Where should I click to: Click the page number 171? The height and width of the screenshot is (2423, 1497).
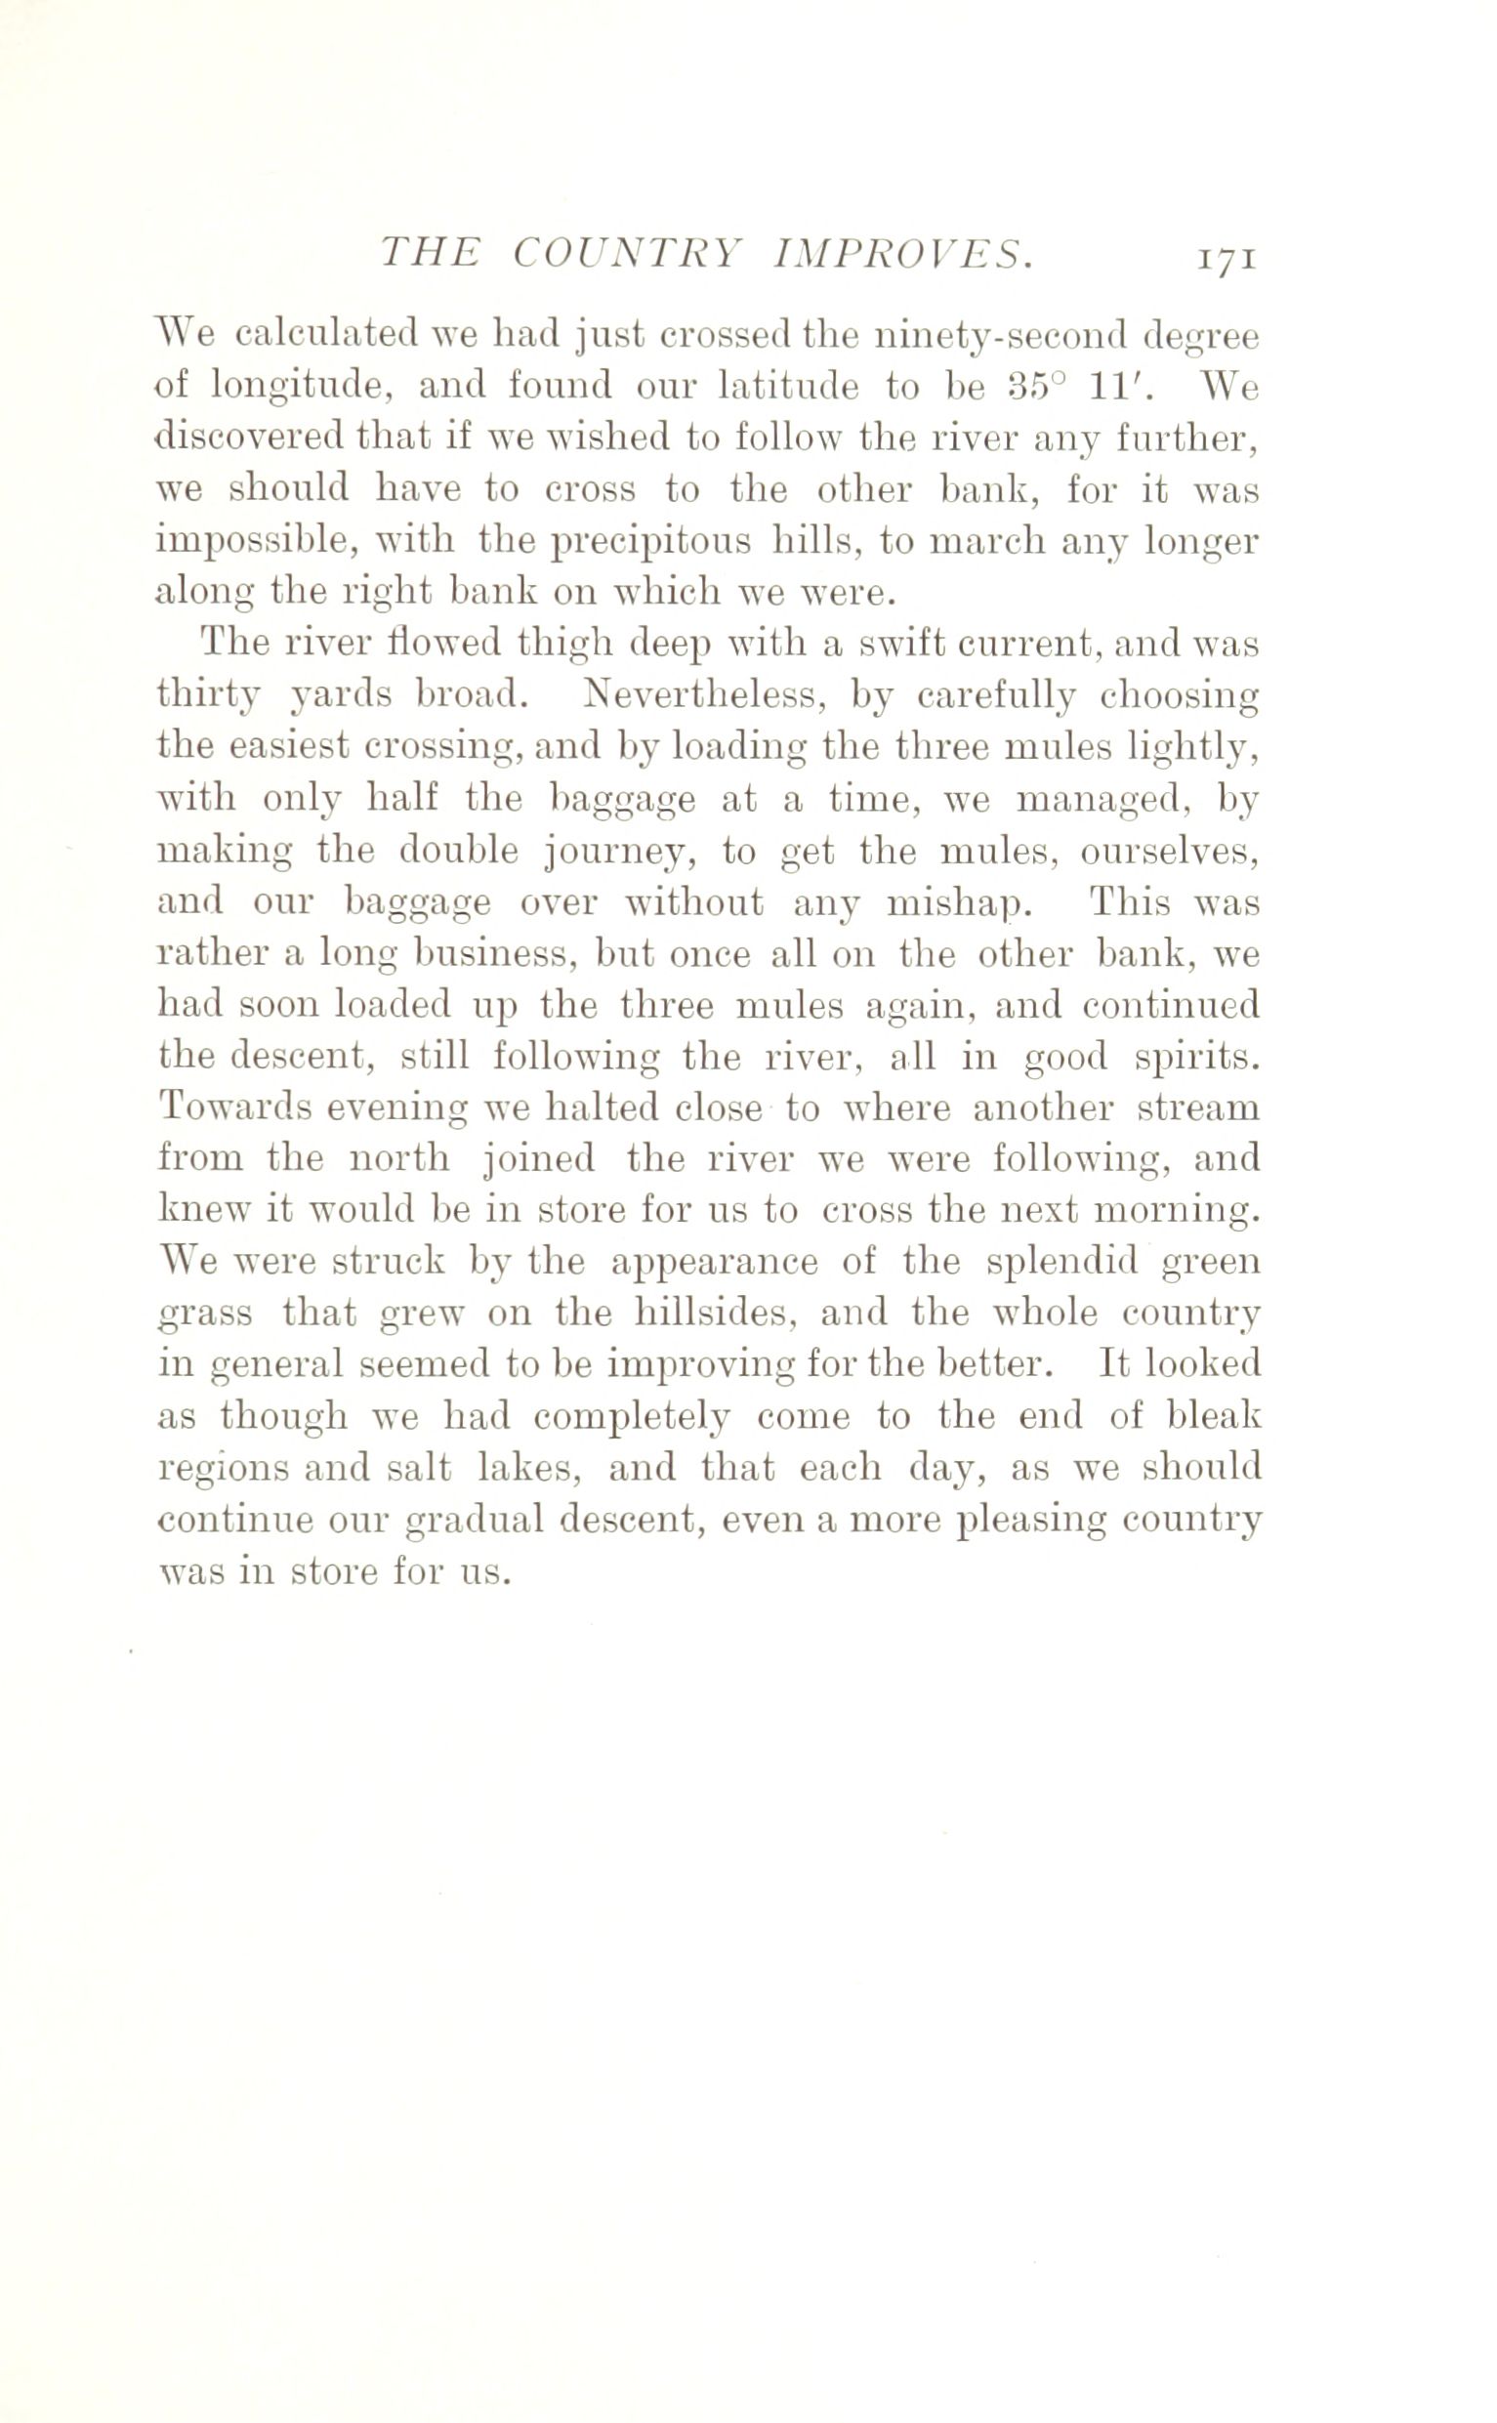(x=1227, y=261)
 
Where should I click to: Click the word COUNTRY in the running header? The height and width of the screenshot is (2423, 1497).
(x=627, y=256)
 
